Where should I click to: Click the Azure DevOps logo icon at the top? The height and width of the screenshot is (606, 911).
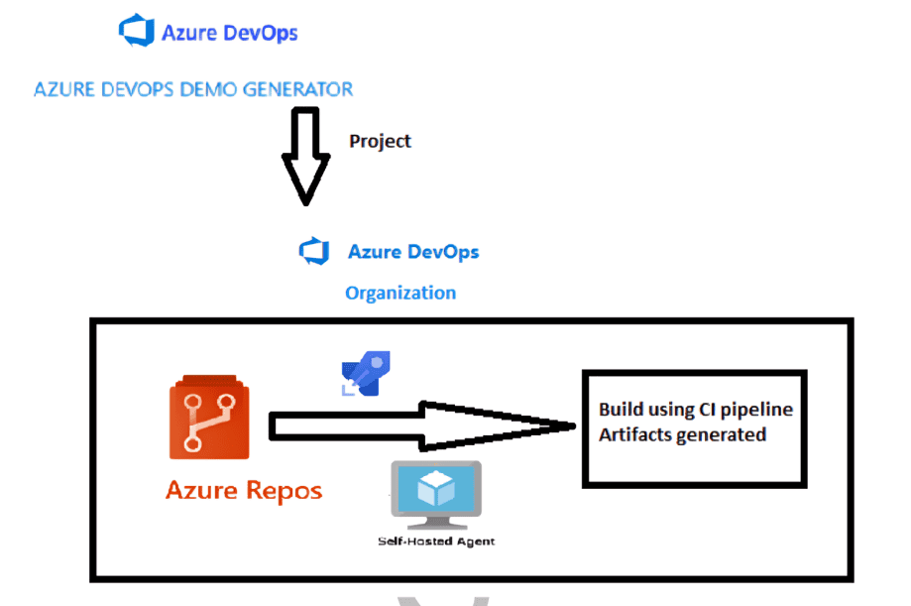[136, 31]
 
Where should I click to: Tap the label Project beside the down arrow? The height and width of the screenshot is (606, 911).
[380, 141]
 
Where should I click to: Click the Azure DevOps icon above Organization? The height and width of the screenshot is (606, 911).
[314, 251]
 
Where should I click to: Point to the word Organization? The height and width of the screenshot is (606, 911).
[400, 293]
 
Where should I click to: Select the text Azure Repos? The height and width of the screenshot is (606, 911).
[244, 490]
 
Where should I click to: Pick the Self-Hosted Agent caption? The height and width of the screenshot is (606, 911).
[436, 542]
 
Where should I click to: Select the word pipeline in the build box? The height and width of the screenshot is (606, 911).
[757, 410]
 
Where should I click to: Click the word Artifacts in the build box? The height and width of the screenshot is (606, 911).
[634, 434]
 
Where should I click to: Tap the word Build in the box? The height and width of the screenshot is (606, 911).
[619, 410]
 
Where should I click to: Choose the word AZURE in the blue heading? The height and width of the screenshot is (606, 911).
[62, 89]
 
